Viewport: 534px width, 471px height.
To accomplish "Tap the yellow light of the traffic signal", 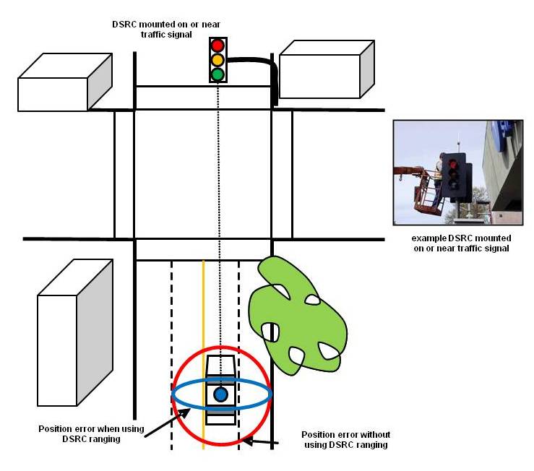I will pyautogui.click(x=218, y=60).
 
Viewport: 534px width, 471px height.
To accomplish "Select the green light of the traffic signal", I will pyautogui.click(x=218, y=74).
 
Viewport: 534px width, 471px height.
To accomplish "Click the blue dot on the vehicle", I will pyautogui.click(x=221, y=394).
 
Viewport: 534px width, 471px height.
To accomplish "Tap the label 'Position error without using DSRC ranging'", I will pyautogui.click(x=345, y=439).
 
